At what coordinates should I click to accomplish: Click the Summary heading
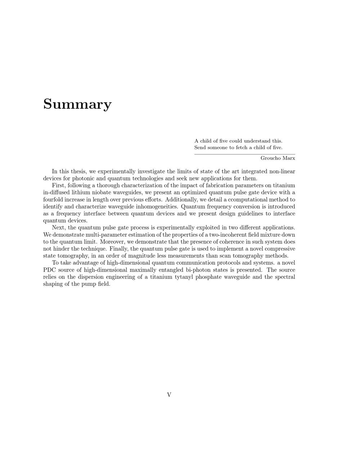click(x=77, y=104)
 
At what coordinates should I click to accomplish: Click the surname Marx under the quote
click(x=289, y=158)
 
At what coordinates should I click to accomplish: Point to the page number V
click(x=169, y=395)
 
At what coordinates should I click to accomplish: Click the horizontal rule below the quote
click(x=245, y=154)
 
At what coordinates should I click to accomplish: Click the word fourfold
click(x=53, y=200)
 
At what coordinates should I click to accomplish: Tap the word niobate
click(x=96, y=193)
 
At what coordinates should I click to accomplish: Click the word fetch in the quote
click(x=240, y=147)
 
